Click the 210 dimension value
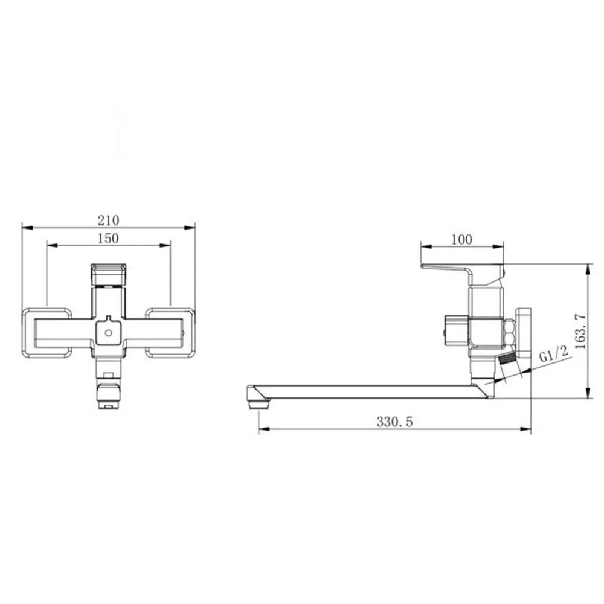(x=108, y=220)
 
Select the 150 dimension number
(x=108, y=239)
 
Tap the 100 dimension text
(x=461, y=240)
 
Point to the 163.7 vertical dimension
(x=580, y=331)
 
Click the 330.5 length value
(x=394, y=422)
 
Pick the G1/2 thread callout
(x=553, y=354)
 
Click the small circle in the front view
(x=109, y=333)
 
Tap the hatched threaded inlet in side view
(x=507, y=358)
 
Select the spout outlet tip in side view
(x=258, y=403)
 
